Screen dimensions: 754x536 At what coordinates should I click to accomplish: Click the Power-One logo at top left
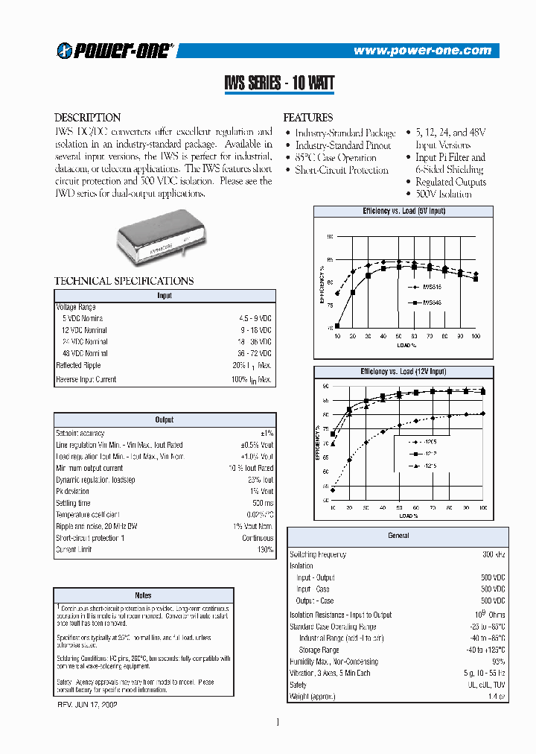pos(115,50)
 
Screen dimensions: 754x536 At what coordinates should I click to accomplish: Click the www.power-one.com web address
pos(422,51)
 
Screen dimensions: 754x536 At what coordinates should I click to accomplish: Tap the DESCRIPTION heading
pos(88,118)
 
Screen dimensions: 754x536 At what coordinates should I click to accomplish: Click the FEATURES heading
pos(307,118)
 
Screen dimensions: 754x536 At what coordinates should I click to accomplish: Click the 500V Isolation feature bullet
pos(443,194)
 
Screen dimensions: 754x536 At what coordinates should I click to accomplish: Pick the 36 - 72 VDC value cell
pos(254,353)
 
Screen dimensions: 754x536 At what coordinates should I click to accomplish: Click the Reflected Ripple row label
pos(78,365)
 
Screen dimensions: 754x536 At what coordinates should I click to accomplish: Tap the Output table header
pos(164,420)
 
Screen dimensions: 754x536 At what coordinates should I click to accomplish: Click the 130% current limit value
pos(264,549)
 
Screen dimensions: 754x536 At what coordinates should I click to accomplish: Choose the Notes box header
pos(143,595)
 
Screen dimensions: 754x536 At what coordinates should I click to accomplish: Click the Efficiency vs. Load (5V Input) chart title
pos(403,212)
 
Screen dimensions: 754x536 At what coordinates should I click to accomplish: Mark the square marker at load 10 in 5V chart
pos(337,325)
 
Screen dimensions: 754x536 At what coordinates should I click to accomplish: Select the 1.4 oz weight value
pos(496,697)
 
